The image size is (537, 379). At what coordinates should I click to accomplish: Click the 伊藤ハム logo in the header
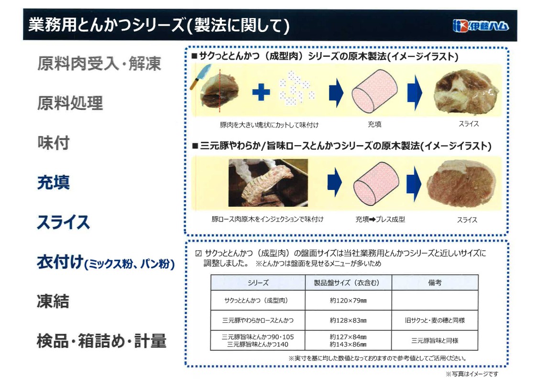pos(481,26)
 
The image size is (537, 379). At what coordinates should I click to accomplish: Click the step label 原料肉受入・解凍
pos(99,63)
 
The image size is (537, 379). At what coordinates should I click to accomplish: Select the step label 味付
pos(54,143)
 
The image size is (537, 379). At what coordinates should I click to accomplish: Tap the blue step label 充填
pos(54,182)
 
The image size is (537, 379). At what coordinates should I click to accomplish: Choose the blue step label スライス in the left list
pos(63,222)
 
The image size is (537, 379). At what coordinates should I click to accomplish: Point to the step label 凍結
pos(53,301)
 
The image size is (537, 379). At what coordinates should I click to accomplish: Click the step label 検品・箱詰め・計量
pos(102,341)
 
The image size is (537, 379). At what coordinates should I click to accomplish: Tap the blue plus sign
pos(261,92)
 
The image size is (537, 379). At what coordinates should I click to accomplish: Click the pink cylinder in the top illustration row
pos(374,91)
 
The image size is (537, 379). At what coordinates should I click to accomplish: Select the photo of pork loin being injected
pos(268,182)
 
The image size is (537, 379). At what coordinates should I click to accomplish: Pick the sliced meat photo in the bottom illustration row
pos(461,184)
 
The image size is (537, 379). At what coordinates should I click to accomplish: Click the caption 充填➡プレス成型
pos(380,220)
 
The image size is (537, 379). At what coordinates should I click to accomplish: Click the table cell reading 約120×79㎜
pos(348,300)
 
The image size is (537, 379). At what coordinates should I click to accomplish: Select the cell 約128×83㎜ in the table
pos(348,320)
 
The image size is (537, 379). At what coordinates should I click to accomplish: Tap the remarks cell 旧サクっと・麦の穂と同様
pos(435,320)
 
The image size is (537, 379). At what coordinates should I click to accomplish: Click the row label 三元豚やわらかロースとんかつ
pos(258,320)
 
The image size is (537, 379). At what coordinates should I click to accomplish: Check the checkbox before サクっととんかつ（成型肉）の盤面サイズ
pos(198,253)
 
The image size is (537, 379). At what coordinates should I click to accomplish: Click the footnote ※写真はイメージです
pos(472,374)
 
